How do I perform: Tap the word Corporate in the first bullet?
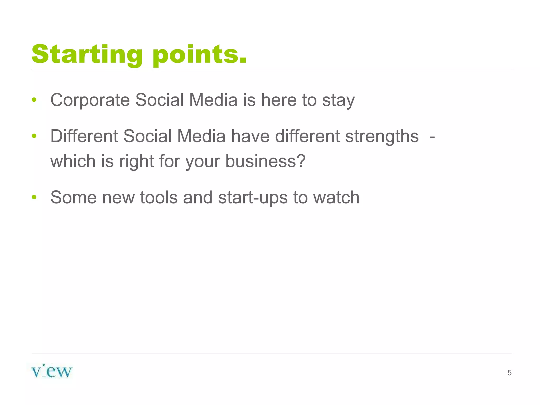click(x=90, y=100)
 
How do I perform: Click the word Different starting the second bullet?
click(x=84, y=136)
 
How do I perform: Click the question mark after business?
click(x=300, y=161)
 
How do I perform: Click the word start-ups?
click(x=253, y=198)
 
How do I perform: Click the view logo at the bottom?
click(x=52, y=372)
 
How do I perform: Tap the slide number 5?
click(x=509, y=373)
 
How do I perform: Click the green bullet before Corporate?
click(x=34, y=100)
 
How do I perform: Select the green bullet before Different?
click(x=34, y=136)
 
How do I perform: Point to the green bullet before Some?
click(x=34, y=197)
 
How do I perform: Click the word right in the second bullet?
click(x=136, y=161)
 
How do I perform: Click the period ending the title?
click(x=243, y=61)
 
